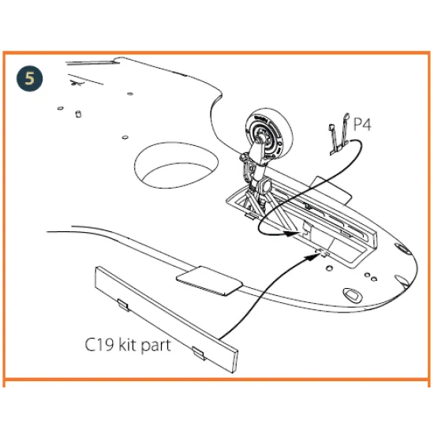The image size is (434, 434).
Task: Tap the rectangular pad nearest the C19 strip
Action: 207,279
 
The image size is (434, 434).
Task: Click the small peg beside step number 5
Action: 77,114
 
